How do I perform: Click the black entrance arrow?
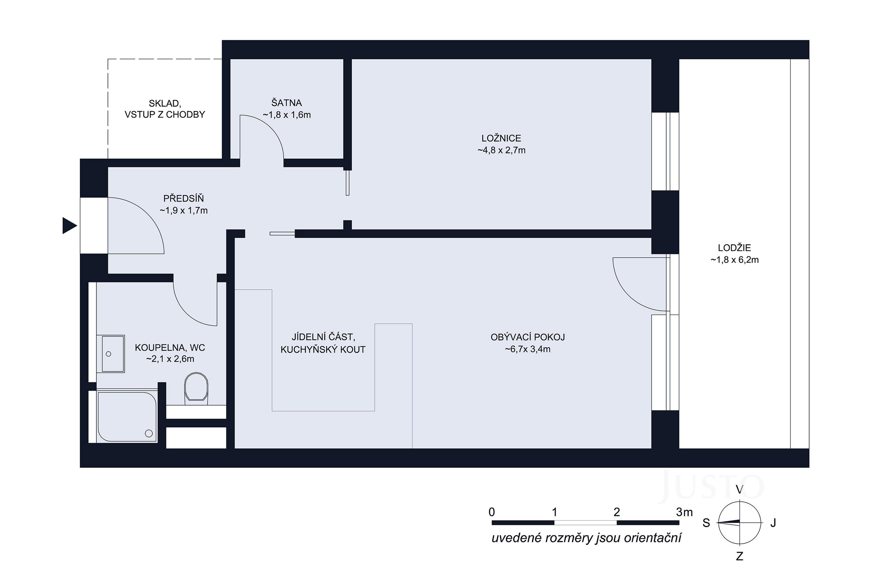tap(69, 226)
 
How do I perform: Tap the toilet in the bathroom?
tap(196, 388)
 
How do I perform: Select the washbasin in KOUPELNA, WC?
tap(113, 354)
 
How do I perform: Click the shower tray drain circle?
tap(149, 433)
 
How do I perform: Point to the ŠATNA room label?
tap(286, 102)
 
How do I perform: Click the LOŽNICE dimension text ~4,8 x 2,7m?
tap(501, 150)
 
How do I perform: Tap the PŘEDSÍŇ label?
tap(184, 198)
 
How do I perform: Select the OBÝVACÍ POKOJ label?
tap(528, 337)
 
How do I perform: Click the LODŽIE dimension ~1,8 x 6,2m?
tap(734, 260)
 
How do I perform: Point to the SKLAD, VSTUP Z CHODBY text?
tap(165, 109)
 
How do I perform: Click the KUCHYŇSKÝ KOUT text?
tap(323, 350)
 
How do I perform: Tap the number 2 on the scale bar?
tap(616, 512)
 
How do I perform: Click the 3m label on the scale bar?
tap(684, 512)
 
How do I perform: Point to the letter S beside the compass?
tap(706, 523)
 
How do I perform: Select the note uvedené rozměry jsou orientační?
tap(586, 538)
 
